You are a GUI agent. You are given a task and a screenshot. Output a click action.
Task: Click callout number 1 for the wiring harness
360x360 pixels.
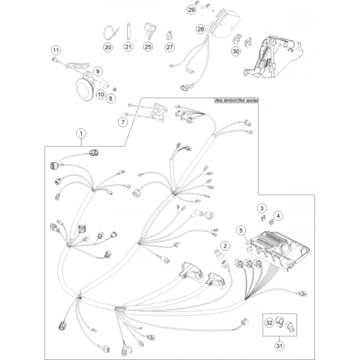click(x=82, y=134)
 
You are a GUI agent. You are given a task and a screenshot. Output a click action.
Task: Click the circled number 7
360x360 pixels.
click(x=123, y=123)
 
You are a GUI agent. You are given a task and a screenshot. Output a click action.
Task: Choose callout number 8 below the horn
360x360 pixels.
click(x=110, y=98)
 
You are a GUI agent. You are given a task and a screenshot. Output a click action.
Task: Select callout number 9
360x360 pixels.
click(x=98, y=72)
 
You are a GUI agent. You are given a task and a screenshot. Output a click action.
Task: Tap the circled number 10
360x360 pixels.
click(x=101, y=93)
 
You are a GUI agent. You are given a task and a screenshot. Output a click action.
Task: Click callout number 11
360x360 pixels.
click(x=55, y=52)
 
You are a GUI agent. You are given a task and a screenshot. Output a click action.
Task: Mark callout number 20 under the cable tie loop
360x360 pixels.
click(x=108, y=47)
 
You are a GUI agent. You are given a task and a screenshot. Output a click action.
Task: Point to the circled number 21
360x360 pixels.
click(x=128, y=47)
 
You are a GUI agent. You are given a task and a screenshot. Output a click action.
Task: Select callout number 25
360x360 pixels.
click(x=148, y=47)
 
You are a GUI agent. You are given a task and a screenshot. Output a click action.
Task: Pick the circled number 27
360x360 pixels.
click(x=169, y=47)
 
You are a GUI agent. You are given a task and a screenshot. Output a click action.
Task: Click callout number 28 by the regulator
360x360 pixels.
click(x=200, y=30)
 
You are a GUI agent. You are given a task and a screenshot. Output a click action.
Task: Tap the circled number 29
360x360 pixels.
click(x=191, y=10)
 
